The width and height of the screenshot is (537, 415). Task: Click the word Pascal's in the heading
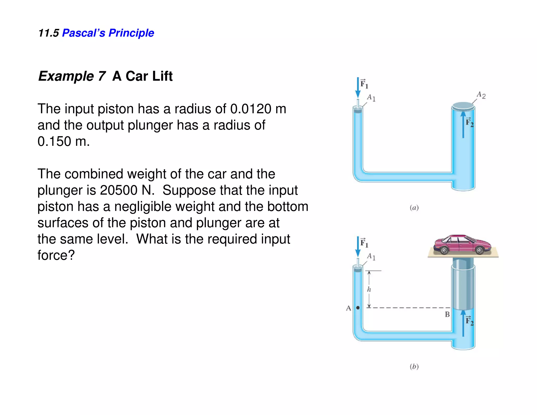pos(83,33)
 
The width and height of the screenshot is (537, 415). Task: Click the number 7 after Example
pos(102,76)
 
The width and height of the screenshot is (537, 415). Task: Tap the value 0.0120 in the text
pos(251,109)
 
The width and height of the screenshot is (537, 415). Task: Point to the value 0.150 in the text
pos(55,141)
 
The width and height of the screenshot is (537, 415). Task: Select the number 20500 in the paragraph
pos(119,190)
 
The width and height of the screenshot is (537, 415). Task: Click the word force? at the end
pos(56,255)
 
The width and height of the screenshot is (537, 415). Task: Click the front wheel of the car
pos(480,251)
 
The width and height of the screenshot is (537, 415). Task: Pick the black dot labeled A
pos(358,308)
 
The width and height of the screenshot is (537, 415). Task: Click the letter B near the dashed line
pos(447,314)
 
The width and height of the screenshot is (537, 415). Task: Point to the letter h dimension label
pos(369,289)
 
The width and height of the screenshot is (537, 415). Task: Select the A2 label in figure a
pos(481,95)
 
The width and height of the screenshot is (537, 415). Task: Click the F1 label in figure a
pos(364,84)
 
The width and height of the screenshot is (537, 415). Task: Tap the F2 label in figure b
pos(469,321)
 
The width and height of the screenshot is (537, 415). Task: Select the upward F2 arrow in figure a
pos(463,125)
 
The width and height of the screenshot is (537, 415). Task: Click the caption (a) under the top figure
pos(414,208)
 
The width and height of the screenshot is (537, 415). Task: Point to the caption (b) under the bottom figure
pos(414,366)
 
